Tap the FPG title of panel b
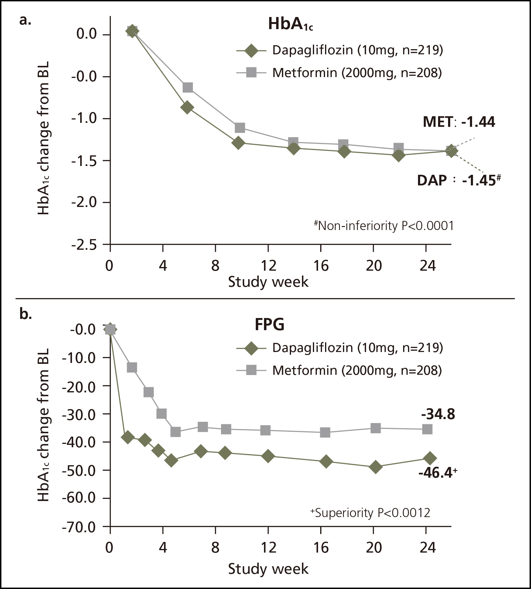coord(270,324)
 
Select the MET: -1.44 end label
coord(459,122)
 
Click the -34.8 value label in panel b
coord(438,414)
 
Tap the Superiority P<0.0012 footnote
coord(370,513)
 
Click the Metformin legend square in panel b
coord(252,371)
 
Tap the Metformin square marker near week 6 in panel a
coord(188,88)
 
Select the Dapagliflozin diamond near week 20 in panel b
coord(375,467)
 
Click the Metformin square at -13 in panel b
coord(132,367)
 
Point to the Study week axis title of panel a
coord(268,282)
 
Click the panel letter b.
coord(25,315)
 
